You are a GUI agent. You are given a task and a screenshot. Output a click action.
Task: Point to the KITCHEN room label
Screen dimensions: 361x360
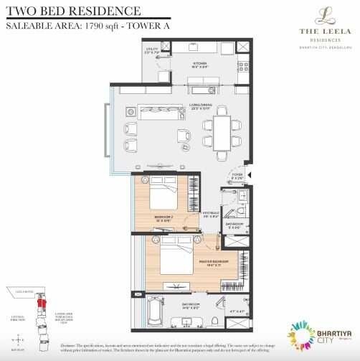tap(199, 63)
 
